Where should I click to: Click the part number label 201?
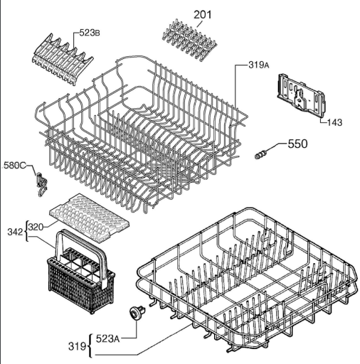[x=203, y=14]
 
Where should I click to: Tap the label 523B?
[x=90, y=33]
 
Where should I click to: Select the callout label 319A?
[x=259, y=65]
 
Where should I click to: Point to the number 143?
[x=335, y=122]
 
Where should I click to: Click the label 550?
[x=297, y=144]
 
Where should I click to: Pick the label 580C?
[x=14, y=165]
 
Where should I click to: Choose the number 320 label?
[x=36, y=227]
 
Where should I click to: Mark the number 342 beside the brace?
[x=16, y=232]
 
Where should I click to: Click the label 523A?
[x=107, y=338]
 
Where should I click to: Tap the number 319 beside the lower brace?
[x=77, y=346]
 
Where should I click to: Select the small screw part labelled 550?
[x=260, y=154]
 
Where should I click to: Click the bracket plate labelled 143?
[x=301, y=96]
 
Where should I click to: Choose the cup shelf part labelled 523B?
[x=62, y=60]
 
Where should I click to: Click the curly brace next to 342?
[x=26, y=231]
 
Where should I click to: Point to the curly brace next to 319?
[x=90, y=346]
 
